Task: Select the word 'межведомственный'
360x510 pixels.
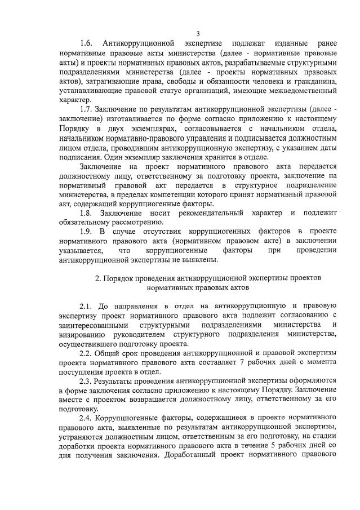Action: coord(301,90)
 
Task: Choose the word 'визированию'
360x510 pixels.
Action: coord(83,335)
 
